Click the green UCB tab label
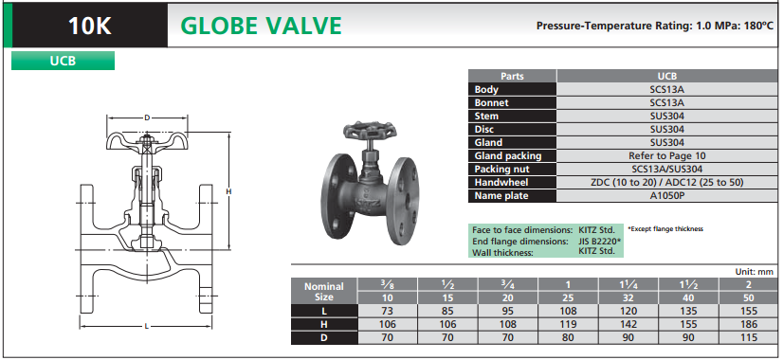(63, 61)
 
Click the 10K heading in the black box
(90, 26)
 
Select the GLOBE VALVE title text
(261, 26)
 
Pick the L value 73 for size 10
(388, 311)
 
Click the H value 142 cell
(628, 325)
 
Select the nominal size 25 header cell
(568, 298)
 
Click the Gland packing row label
(508, 155)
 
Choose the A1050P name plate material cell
(667, 196)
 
